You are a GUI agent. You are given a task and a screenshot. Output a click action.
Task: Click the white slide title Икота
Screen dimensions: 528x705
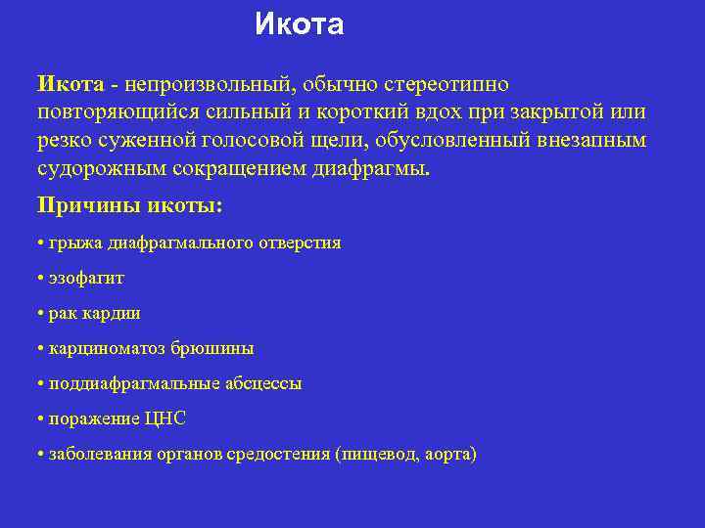[x=299, y=24]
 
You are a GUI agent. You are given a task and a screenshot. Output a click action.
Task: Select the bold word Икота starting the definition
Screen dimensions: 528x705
[x=70, y=85]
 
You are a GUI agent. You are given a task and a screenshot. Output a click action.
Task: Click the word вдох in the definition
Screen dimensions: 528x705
[x=424, y=112]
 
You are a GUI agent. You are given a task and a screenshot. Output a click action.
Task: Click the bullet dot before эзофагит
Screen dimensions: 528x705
[x=39, y=279]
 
